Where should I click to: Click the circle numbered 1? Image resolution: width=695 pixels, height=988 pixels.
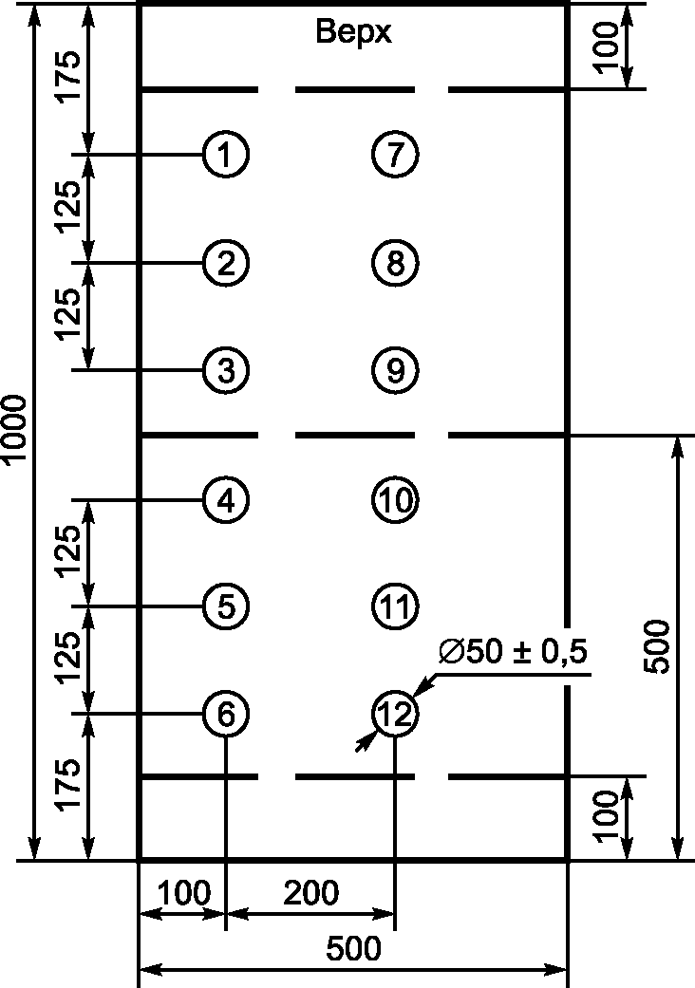point(225,154)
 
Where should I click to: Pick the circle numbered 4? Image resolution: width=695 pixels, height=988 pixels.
point(225,499)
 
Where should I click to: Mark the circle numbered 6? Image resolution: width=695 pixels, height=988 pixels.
point(225,713)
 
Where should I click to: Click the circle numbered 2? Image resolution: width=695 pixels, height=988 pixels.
point(225,261)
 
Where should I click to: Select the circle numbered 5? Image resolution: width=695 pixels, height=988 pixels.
point(225,606)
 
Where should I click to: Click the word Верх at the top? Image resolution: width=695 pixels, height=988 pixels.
point(353,34)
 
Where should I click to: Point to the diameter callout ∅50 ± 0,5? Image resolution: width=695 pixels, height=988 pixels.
point(514,654)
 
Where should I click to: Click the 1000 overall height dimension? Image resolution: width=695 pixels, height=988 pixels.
point(16,432)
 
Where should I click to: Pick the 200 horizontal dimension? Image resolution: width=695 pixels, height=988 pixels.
point(310,894)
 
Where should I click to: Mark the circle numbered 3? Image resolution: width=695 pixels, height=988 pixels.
point(225,369)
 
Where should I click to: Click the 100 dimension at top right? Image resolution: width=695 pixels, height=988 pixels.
point(610,45)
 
